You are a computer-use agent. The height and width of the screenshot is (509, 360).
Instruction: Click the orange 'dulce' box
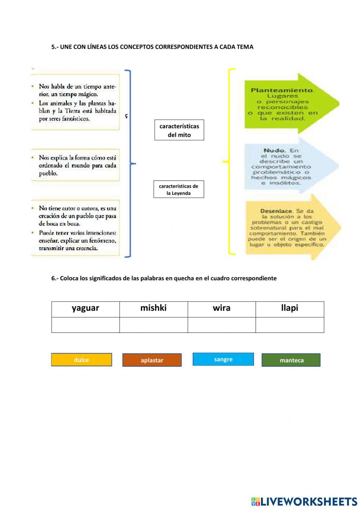(x=81, y=360)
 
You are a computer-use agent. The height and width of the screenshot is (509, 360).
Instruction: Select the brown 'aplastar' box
(x=152, y=360)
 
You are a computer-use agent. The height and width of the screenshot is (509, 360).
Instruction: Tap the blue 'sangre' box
(x=223, y=359)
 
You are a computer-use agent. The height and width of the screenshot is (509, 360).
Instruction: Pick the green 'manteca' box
(x=291, y=360)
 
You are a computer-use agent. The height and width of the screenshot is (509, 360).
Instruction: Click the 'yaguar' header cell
(x=85, y=309)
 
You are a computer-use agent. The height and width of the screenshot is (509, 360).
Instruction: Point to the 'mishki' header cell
(x=153, y=309)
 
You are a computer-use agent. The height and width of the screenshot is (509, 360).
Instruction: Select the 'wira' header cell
(x=221, y=309)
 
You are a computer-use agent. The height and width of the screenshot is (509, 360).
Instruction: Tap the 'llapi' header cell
(x=290, y=309)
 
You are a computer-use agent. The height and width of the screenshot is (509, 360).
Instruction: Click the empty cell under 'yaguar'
(x=85, y=325)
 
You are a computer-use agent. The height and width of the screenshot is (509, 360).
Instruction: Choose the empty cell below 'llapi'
(x=290, y=325)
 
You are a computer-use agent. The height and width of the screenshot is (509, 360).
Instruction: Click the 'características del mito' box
(x=179, y=130)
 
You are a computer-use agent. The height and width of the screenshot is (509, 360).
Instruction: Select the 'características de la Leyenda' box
(x=179, y=189)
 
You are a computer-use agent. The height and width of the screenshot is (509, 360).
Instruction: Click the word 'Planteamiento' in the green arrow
(x=283, y=90)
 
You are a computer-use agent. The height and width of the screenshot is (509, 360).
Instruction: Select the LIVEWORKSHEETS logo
(x=304, y=501)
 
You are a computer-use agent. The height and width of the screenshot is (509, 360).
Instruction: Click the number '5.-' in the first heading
(x=55, y=47)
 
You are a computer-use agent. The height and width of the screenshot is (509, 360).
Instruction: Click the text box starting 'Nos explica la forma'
(x=76, y=165)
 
